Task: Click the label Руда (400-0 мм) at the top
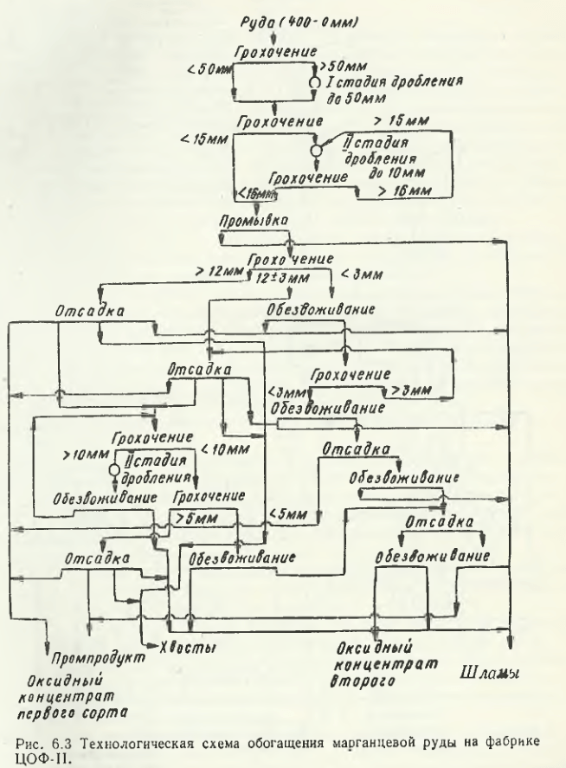(x=276, y=18)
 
